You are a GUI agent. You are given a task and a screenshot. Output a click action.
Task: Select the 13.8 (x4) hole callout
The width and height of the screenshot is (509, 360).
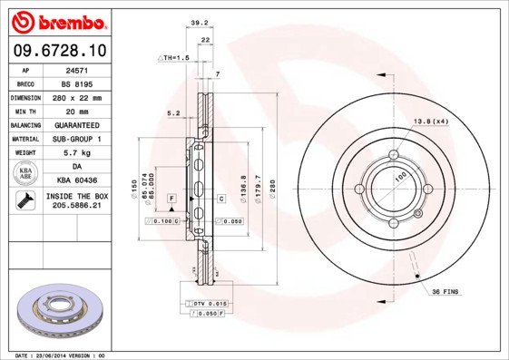(x=431, y=122)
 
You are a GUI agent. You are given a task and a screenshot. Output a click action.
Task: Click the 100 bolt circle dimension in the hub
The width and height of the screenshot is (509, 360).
(x=399, y=178)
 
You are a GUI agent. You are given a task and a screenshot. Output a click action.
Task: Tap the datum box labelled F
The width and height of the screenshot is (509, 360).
(x=171, y=198)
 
